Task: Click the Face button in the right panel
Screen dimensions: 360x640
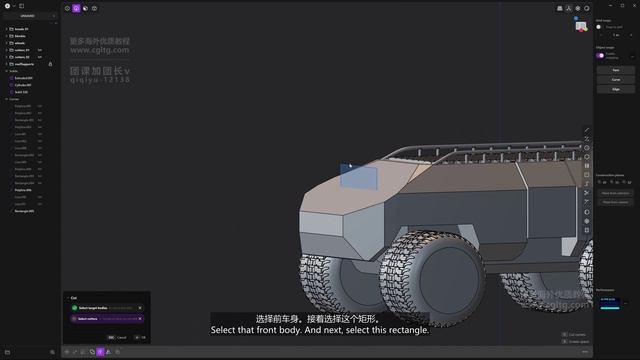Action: tap(615, 70)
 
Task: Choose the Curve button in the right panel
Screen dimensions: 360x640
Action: tap(615, 79)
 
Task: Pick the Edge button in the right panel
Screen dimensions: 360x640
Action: tap(615, 88)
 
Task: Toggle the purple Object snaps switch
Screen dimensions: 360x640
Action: tap(601, 56)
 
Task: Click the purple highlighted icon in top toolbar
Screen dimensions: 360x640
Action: tap(76, 8)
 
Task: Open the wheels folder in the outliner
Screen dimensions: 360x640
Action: tap(20, 43)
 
